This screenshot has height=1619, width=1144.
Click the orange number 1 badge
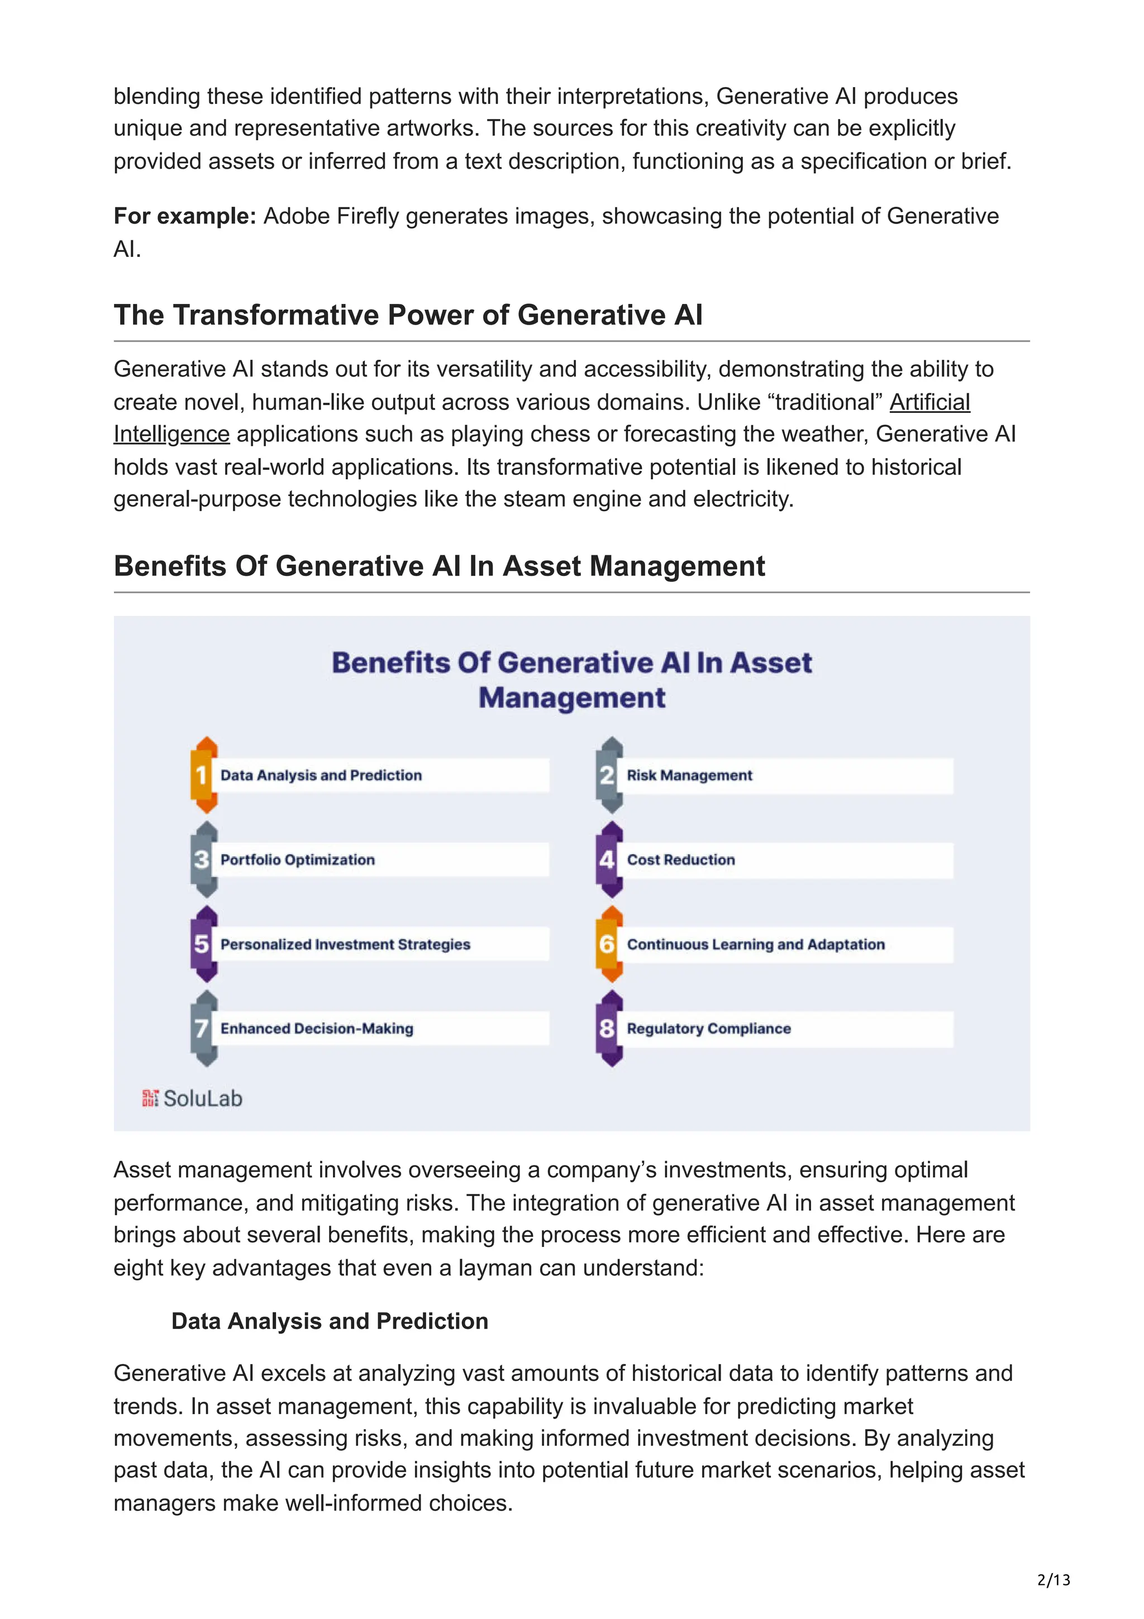point(203,775)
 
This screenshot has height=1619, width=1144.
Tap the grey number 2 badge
point(608,775)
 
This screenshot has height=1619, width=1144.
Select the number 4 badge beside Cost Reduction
point(608,860)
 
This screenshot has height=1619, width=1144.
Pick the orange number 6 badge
point(608,944)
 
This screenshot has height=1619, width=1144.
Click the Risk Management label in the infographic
point(689,775)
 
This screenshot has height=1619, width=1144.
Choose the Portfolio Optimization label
point(298,860)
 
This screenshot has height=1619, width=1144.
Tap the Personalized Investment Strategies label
point(345,945)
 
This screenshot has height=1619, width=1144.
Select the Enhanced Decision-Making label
point(317,1029)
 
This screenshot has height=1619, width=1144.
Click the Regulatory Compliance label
point(708,1029)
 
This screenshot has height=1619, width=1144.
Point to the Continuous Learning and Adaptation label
point(756,945)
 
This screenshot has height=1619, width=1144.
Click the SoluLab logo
point(192,1098)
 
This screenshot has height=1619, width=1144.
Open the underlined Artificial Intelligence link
point(929,403)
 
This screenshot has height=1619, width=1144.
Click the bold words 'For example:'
point(185,216)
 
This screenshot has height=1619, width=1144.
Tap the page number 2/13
point(1053,1579)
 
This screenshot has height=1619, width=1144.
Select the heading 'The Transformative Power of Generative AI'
point(408,315)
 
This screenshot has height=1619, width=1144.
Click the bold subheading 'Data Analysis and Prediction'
point(330,1321)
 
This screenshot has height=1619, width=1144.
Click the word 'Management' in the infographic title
point(571,698)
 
